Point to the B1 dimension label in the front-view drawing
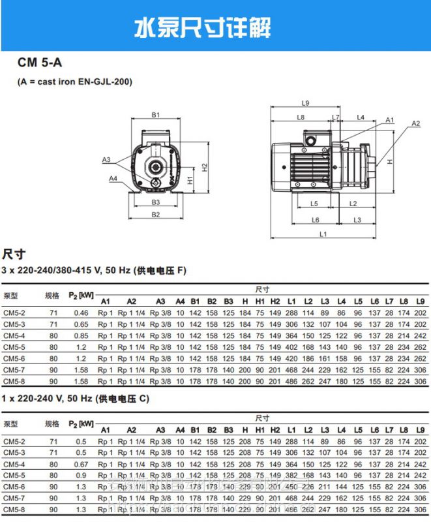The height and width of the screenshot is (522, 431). point(156,115)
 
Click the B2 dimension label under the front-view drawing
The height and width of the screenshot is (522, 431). point(156,215)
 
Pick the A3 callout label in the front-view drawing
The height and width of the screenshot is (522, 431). point(106,159)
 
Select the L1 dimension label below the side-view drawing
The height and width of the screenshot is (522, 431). point(323,234)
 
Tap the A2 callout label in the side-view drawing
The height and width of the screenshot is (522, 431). point(415,123)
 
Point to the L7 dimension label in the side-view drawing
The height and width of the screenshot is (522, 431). point(336,117)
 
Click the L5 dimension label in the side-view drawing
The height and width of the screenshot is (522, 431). point(314,204)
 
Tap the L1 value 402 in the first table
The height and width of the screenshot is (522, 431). point(291,347)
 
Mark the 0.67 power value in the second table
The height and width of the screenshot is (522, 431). point(81,464)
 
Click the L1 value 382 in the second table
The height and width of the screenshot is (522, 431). point(291,475)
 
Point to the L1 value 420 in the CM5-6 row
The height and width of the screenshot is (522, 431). point(291,358)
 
